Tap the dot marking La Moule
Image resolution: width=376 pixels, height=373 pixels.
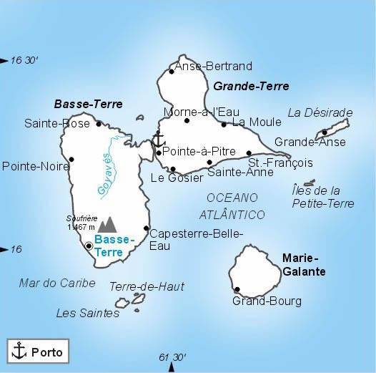pyautogui.click(x=224, y=125)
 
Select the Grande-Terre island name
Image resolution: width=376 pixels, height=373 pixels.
pyautogui.click(x=251, y=87)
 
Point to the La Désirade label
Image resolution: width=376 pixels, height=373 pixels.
pyautogui.click(x=320, y=112)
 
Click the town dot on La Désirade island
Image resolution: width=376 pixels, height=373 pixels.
pyautogui.click(x=325, y=132)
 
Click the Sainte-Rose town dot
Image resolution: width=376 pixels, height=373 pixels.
pyautogui.click(x=99, y=124)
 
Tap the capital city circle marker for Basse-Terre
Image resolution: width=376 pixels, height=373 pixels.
pyautogui.click(x=89, y=246)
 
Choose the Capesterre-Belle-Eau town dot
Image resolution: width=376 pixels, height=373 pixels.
pyautogui.click(x=147, y=229)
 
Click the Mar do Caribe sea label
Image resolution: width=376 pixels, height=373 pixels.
pyautogui.click(x=57, y=283)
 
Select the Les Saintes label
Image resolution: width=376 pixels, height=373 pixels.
pyautogui.click(x=78, y=313)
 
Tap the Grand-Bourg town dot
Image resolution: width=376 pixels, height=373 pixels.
pyautogui.click(x=237, y=290)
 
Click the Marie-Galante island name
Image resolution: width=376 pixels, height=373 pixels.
pyautogui.click(x=304, y=264)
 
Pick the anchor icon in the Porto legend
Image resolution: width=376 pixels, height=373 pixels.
pyautogui.click(x=20, y=351)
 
